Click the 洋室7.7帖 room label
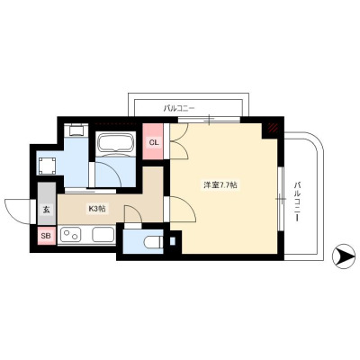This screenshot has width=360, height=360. [220, 185]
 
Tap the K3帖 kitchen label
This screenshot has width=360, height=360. [96, 209]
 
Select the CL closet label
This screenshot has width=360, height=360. [154, 142]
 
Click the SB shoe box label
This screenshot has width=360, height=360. [46, 236]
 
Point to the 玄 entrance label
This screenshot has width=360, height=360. [47, 210]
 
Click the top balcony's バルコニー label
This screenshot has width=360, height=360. [179, 108]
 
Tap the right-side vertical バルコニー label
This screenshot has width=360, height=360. [297, 201]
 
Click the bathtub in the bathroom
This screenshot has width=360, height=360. [115, 143]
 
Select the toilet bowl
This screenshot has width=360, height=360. [153, 242]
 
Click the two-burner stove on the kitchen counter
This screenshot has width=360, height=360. [71, 234]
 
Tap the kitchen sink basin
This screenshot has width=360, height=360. [103, 234]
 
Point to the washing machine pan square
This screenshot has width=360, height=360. [47, 166]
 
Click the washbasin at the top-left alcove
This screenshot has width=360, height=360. [76, 130]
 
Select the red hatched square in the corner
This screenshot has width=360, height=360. [273, 128]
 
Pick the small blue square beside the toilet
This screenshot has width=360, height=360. [173, 241]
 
